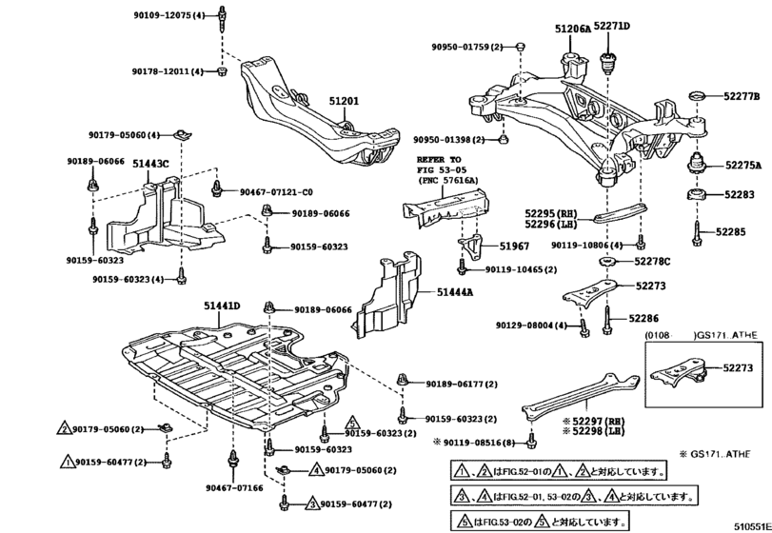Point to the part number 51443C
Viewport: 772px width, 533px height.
coord(150,164)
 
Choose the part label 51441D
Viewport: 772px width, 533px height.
coord(221,306)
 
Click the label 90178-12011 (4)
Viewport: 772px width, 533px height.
coord(168,71)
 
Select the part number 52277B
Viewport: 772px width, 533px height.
coord(742,96)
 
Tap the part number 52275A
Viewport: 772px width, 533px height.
coord(742,165)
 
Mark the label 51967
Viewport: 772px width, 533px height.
coord(512,247)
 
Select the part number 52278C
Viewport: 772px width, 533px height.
coord(652,261)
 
